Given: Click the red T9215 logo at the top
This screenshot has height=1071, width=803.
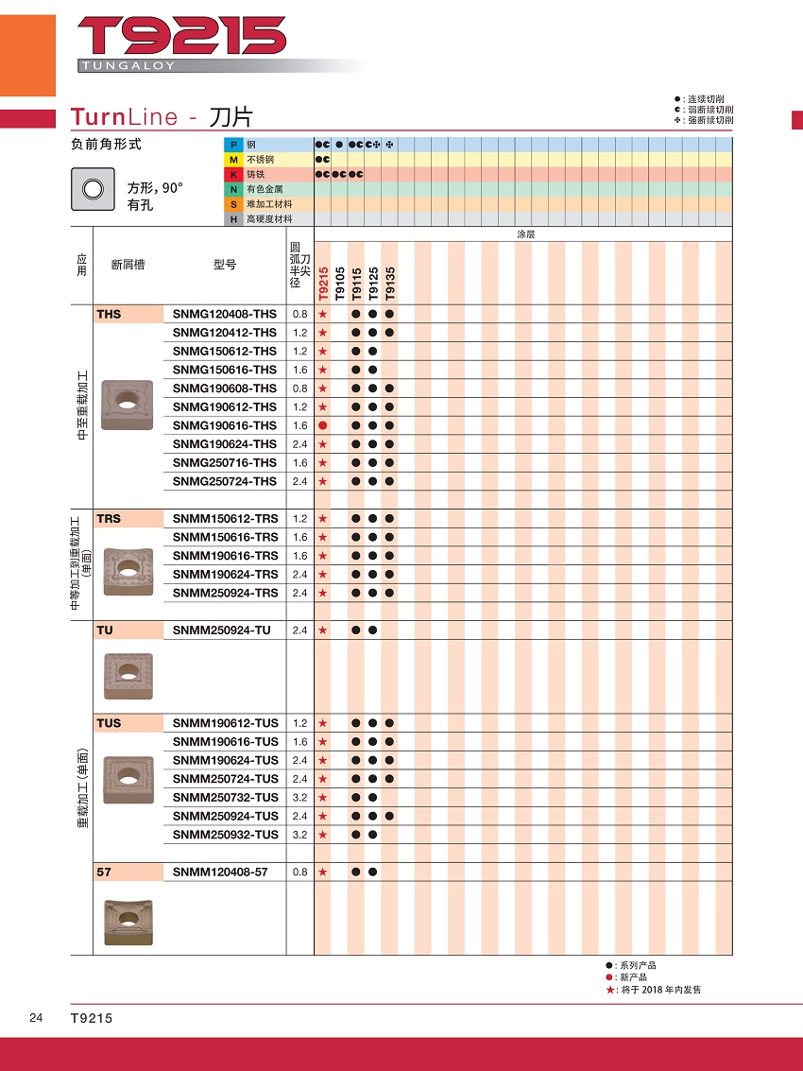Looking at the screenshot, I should click(x=181, y=37).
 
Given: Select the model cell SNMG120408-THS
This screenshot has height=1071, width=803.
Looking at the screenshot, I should click(x=225, y=314).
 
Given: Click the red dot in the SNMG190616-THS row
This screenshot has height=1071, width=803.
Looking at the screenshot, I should click(x=322, y=425).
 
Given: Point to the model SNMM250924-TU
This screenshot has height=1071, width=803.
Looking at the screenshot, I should click(x=222, y=631).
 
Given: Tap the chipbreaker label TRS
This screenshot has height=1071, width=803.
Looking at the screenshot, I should click(x=109, y=519).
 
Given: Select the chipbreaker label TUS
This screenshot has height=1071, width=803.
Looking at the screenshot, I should click(x=109, y=723).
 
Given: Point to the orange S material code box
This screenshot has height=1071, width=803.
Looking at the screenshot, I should click(x=232, y=204).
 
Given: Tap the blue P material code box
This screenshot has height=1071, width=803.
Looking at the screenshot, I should click(x=232, y=145).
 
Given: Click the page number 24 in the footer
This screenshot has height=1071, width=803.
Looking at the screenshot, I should click(x=36, y=1017).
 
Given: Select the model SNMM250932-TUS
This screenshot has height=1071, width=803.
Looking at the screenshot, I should click(x=226, y=835).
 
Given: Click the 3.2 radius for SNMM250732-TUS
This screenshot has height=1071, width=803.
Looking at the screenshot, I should click(x=300, y=798).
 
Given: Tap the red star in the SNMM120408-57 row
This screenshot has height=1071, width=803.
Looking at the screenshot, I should click(x=322, y=872).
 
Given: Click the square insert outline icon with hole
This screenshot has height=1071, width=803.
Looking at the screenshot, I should click(x=93, y=189).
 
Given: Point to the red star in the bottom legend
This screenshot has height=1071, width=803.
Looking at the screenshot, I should click(x=610, y=990).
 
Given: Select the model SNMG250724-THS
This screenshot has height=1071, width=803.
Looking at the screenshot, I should click(x=225, y=481).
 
